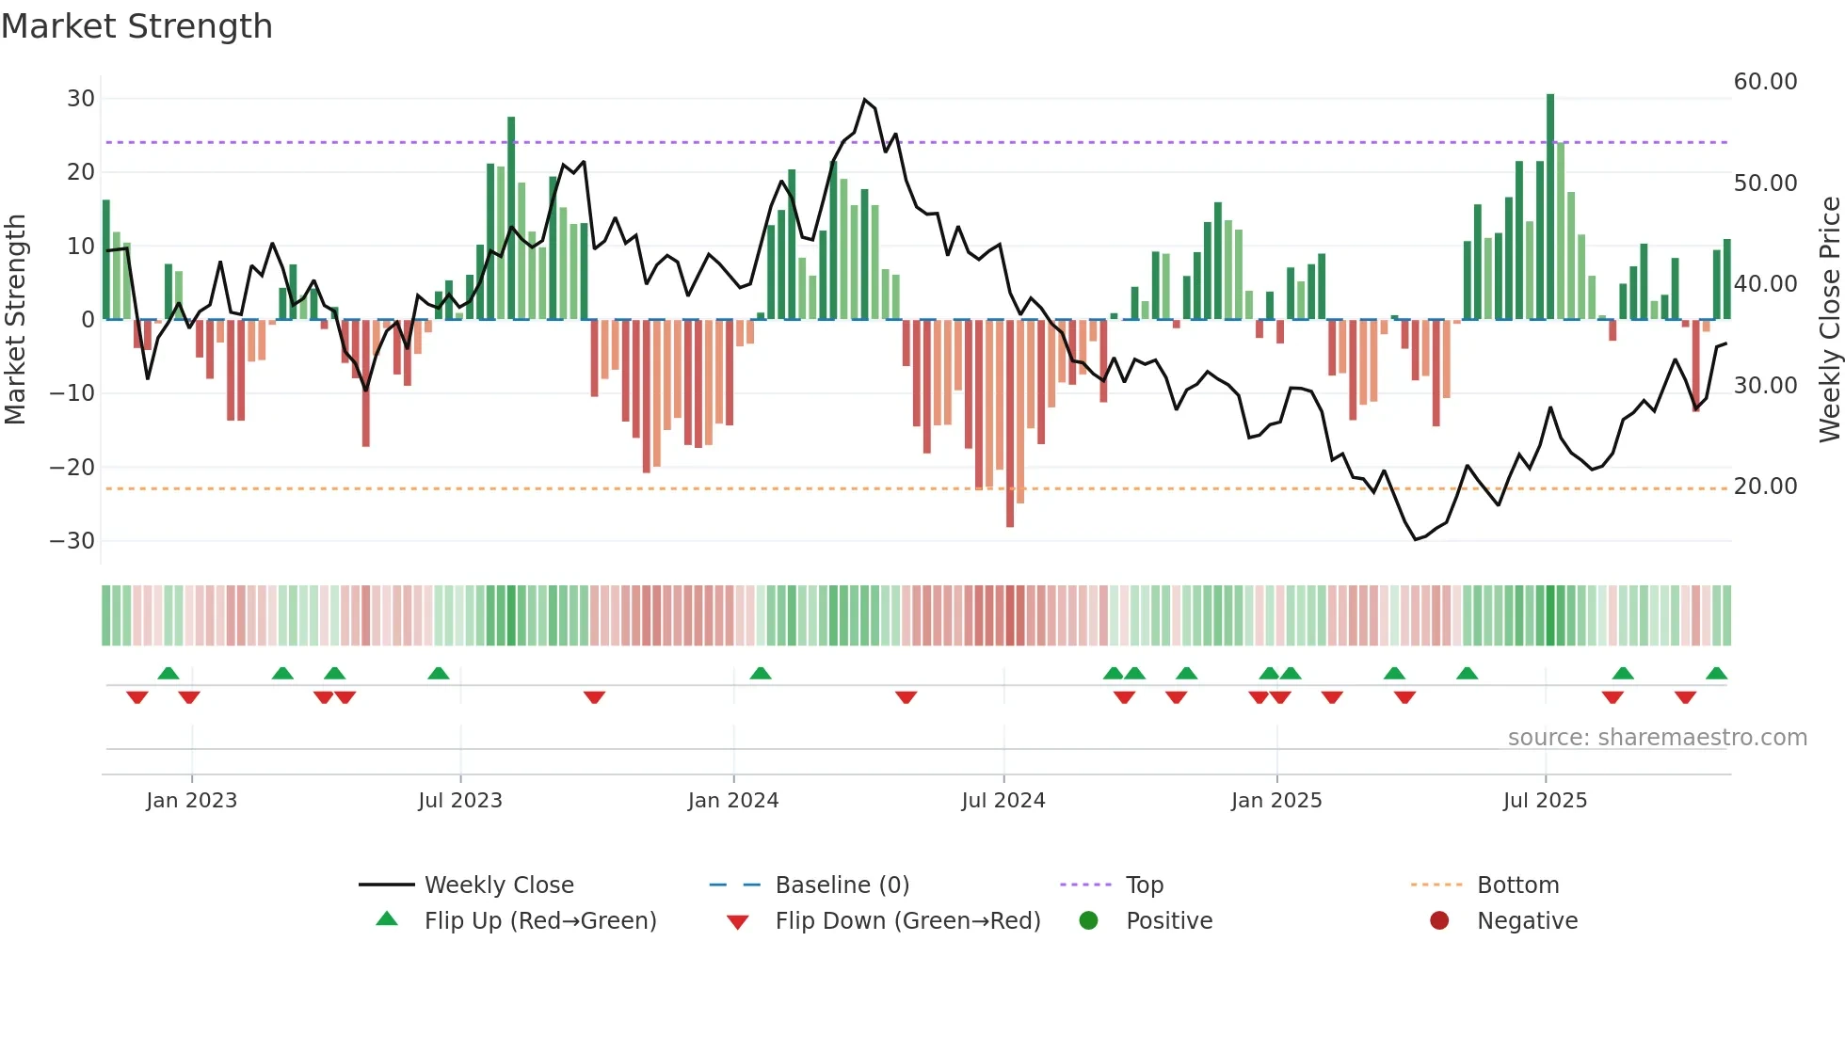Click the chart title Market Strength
[137, 26]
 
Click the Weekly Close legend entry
[498, 885]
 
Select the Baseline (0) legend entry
[842, 885]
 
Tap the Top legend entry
[1144, 885]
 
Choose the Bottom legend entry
[1517, 885]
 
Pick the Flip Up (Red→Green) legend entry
[539, 920]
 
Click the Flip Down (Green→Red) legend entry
[907, 920]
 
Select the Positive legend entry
[1168, 920]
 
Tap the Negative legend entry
[1527, 920]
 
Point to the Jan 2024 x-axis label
[733, 801]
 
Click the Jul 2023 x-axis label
[460, 801]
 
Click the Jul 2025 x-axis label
[1545, 801]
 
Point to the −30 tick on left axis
[72, 541]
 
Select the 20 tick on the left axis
[81, 172]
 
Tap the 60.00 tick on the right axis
[1765, 82]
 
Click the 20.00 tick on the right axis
[1765, 487]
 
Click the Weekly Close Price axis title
[1829, 320]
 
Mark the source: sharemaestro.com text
[1657, 738]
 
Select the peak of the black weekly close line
[865, 100]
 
